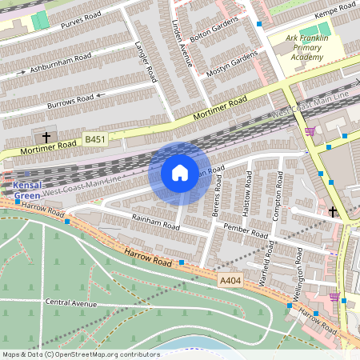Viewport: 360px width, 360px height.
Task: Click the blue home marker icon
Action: point(180,173)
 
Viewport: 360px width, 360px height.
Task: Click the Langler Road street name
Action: point(145,61)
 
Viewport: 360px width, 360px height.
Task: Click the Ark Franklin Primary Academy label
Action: point(314,48)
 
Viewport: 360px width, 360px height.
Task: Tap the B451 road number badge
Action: point(95,139)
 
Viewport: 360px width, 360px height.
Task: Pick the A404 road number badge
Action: point(229,280)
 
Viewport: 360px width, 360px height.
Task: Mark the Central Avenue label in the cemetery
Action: point(71,303)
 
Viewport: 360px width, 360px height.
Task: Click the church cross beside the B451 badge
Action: point(46,138)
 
